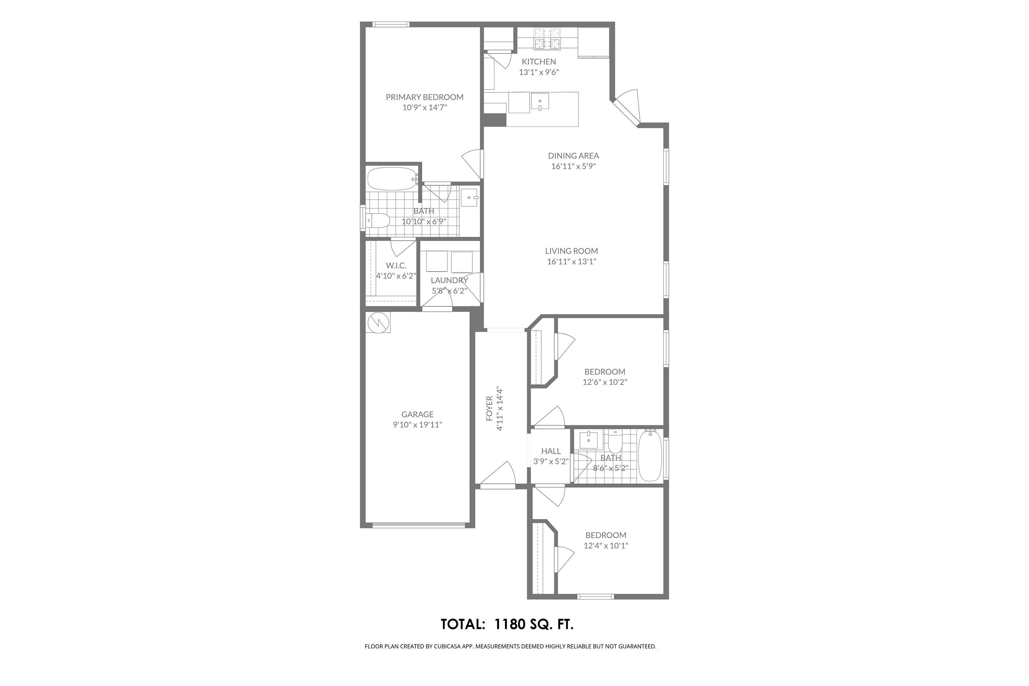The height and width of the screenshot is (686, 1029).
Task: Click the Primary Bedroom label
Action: pyautogui.click(x=424, y=97)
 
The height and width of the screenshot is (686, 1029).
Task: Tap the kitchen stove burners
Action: pyautogui.click(x=547, y=38)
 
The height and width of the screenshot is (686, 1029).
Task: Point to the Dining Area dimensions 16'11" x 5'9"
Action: pyautogui.click(x=573, y=166)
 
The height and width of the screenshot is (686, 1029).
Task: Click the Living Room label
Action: pyautogui.click(x=571, y=251)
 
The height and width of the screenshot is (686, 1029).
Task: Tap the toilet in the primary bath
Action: pyautogui.click(x=378, y=221)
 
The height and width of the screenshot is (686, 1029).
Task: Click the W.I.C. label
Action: pyautogui.click(x=396, y=265)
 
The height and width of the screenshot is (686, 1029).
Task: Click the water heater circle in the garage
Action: pyautogui.click(x=378, y=323)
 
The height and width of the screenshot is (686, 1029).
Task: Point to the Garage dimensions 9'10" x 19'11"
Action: pyautogui.click(x=417, y=425)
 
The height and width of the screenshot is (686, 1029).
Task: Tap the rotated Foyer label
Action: pyautogui.click(x=489, y=409)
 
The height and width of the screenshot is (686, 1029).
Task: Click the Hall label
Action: pyautogui.click(x=551, y=451)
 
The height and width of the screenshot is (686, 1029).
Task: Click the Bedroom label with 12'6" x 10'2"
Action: pyautogui.click(x=605, y=372)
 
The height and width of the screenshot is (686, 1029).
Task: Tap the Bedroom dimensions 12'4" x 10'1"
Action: pyautogui.click(x=606, y=546)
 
